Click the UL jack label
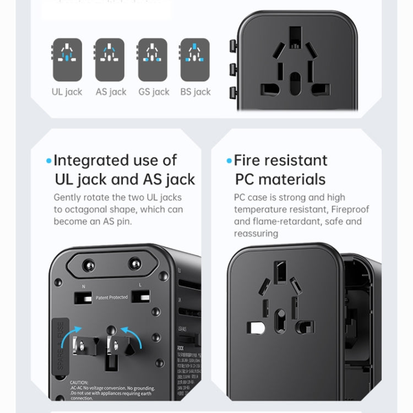(67, 92)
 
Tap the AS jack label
(111, 92)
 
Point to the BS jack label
(195, 92)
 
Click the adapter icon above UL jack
(67, 59)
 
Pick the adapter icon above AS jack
(110, 59)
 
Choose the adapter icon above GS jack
(152, 59)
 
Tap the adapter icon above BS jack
(195, 59)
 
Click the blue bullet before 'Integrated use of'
(49, 161)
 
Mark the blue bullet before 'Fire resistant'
(229, 161)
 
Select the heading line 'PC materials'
(280, 180)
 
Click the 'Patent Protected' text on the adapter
(111, 297)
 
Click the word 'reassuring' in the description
(256, 233)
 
